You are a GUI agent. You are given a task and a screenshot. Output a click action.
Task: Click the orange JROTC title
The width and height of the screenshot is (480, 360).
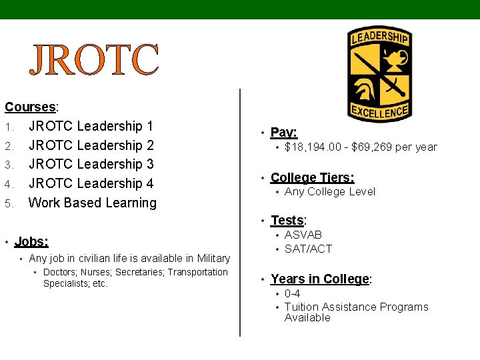94,60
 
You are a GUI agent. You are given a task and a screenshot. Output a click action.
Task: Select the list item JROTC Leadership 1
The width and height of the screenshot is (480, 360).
91,126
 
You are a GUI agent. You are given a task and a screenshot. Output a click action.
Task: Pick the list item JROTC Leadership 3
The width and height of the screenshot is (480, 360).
91,164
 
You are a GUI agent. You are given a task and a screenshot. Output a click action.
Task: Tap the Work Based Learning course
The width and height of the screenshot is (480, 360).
93,203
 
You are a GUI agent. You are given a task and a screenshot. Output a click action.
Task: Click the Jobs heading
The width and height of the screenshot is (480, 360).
31,241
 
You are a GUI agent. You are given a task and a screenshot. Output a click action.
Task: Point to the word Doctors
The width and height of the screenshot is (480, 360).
61,272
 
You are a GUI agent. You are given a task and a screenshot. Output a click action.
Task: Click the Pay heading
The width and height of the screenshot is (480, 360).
284,133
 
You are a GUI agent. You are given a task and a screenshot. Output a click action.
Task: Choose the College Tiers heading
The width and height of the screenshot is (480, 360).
312,177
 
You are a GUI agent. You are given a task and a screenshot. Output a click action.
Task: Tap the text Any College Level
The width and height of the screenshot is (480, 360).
330,192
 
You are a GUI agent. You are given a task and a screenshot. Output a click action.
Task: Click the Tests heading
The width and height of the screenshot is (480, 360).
287,221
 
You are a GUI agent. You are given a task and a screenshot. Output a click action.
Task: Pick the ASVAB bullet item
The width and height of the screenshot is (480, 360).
303,235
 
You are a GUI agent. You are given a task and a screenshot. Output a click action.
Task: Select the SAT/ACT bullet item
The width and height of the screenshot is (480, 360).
308,249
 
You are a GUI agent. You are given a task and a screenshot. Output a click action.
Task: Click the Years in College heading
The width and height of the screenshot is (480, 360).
320,279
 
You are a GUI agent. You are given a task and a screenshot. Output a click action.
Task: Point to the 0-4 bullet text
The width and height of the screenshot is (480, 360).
292,293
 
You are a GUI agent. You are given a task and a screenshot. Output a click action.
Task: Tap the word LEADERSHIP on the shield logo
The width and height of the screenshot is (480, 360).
379,37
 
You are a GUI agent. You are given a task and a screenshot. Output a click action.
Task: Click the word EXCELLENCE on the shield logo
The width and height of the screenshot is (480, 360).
379,112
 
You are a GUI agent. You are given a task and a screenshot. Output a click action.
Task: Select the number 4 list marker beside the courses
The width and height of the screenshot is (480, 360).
9,184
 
